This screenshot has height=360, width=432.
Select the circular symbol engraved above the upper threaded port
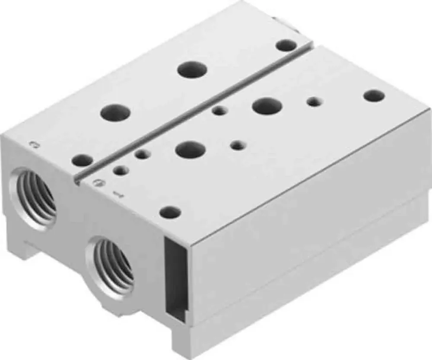(33, 144)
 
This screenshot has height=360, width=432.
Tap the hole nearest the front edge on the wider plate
(170, 212)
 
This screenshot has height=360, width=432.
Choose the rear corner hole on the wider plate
(374, 96)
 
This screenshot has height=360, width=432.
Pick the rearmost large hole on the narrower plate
(193, 69)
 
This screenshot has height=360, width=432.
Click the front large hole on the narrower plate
(115, 113)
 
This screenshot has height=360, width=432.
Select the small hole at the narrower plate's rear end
(286, 45)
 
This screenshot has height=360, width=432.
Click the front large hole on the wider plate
(190, 150)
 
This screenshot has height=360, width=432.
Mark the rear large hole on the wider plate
(266, 106)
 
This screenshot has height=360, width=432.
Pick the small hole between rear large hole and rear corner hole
(314, 102)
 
